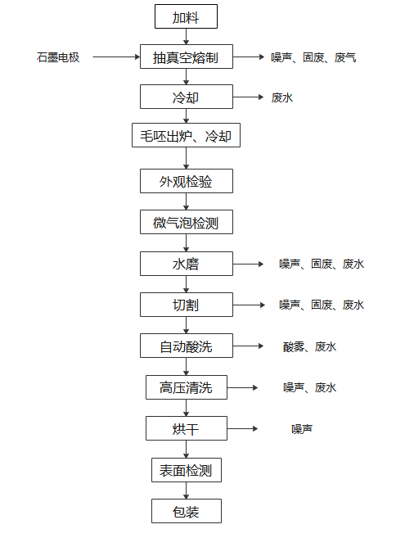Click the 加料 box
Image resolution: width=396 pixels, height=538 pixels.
186,16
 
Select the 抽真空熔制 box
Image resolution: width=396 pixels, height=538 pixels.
187,57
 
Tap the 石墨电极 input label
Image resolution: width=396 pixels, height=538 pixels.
58,57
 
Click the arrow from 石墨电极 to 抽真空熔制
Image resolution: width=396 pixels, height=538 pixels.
116,57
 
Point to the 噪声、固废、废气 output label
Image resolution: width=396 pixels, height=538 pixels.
313,57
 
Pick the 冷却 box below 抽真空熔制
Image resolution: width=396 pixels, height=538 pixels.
187,97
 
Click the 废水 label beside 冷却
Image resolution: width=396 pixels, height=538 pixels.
281,97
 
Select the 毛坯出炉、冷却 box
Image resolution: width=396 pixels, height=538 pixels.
186,135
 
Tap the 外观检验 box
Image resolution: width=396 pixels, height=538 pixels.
187,181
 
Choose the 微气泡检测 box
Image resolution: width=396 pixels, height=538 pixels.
187,222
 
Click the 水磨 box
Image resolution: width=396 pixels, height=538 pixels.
187,264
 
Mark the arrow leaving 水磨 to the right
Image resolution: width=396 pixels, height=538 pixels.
248,264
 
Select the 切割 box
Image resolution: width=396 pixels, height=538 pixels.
187,305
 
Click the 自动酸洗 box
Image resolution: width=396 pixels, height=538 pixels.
187,346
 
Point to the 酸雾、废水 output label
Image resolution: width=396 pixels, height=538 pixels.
309,346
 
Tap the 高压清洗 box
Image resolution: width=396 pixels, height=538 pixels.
187,387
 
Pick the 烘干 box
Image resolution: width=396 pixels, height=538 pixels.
187,428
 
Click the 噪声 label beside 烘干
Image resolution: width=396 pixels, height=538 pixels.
302,428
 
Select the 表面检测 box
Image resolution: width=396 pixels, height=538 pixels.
187,470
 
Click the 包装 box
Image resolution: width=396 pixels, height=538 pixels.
187,511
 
